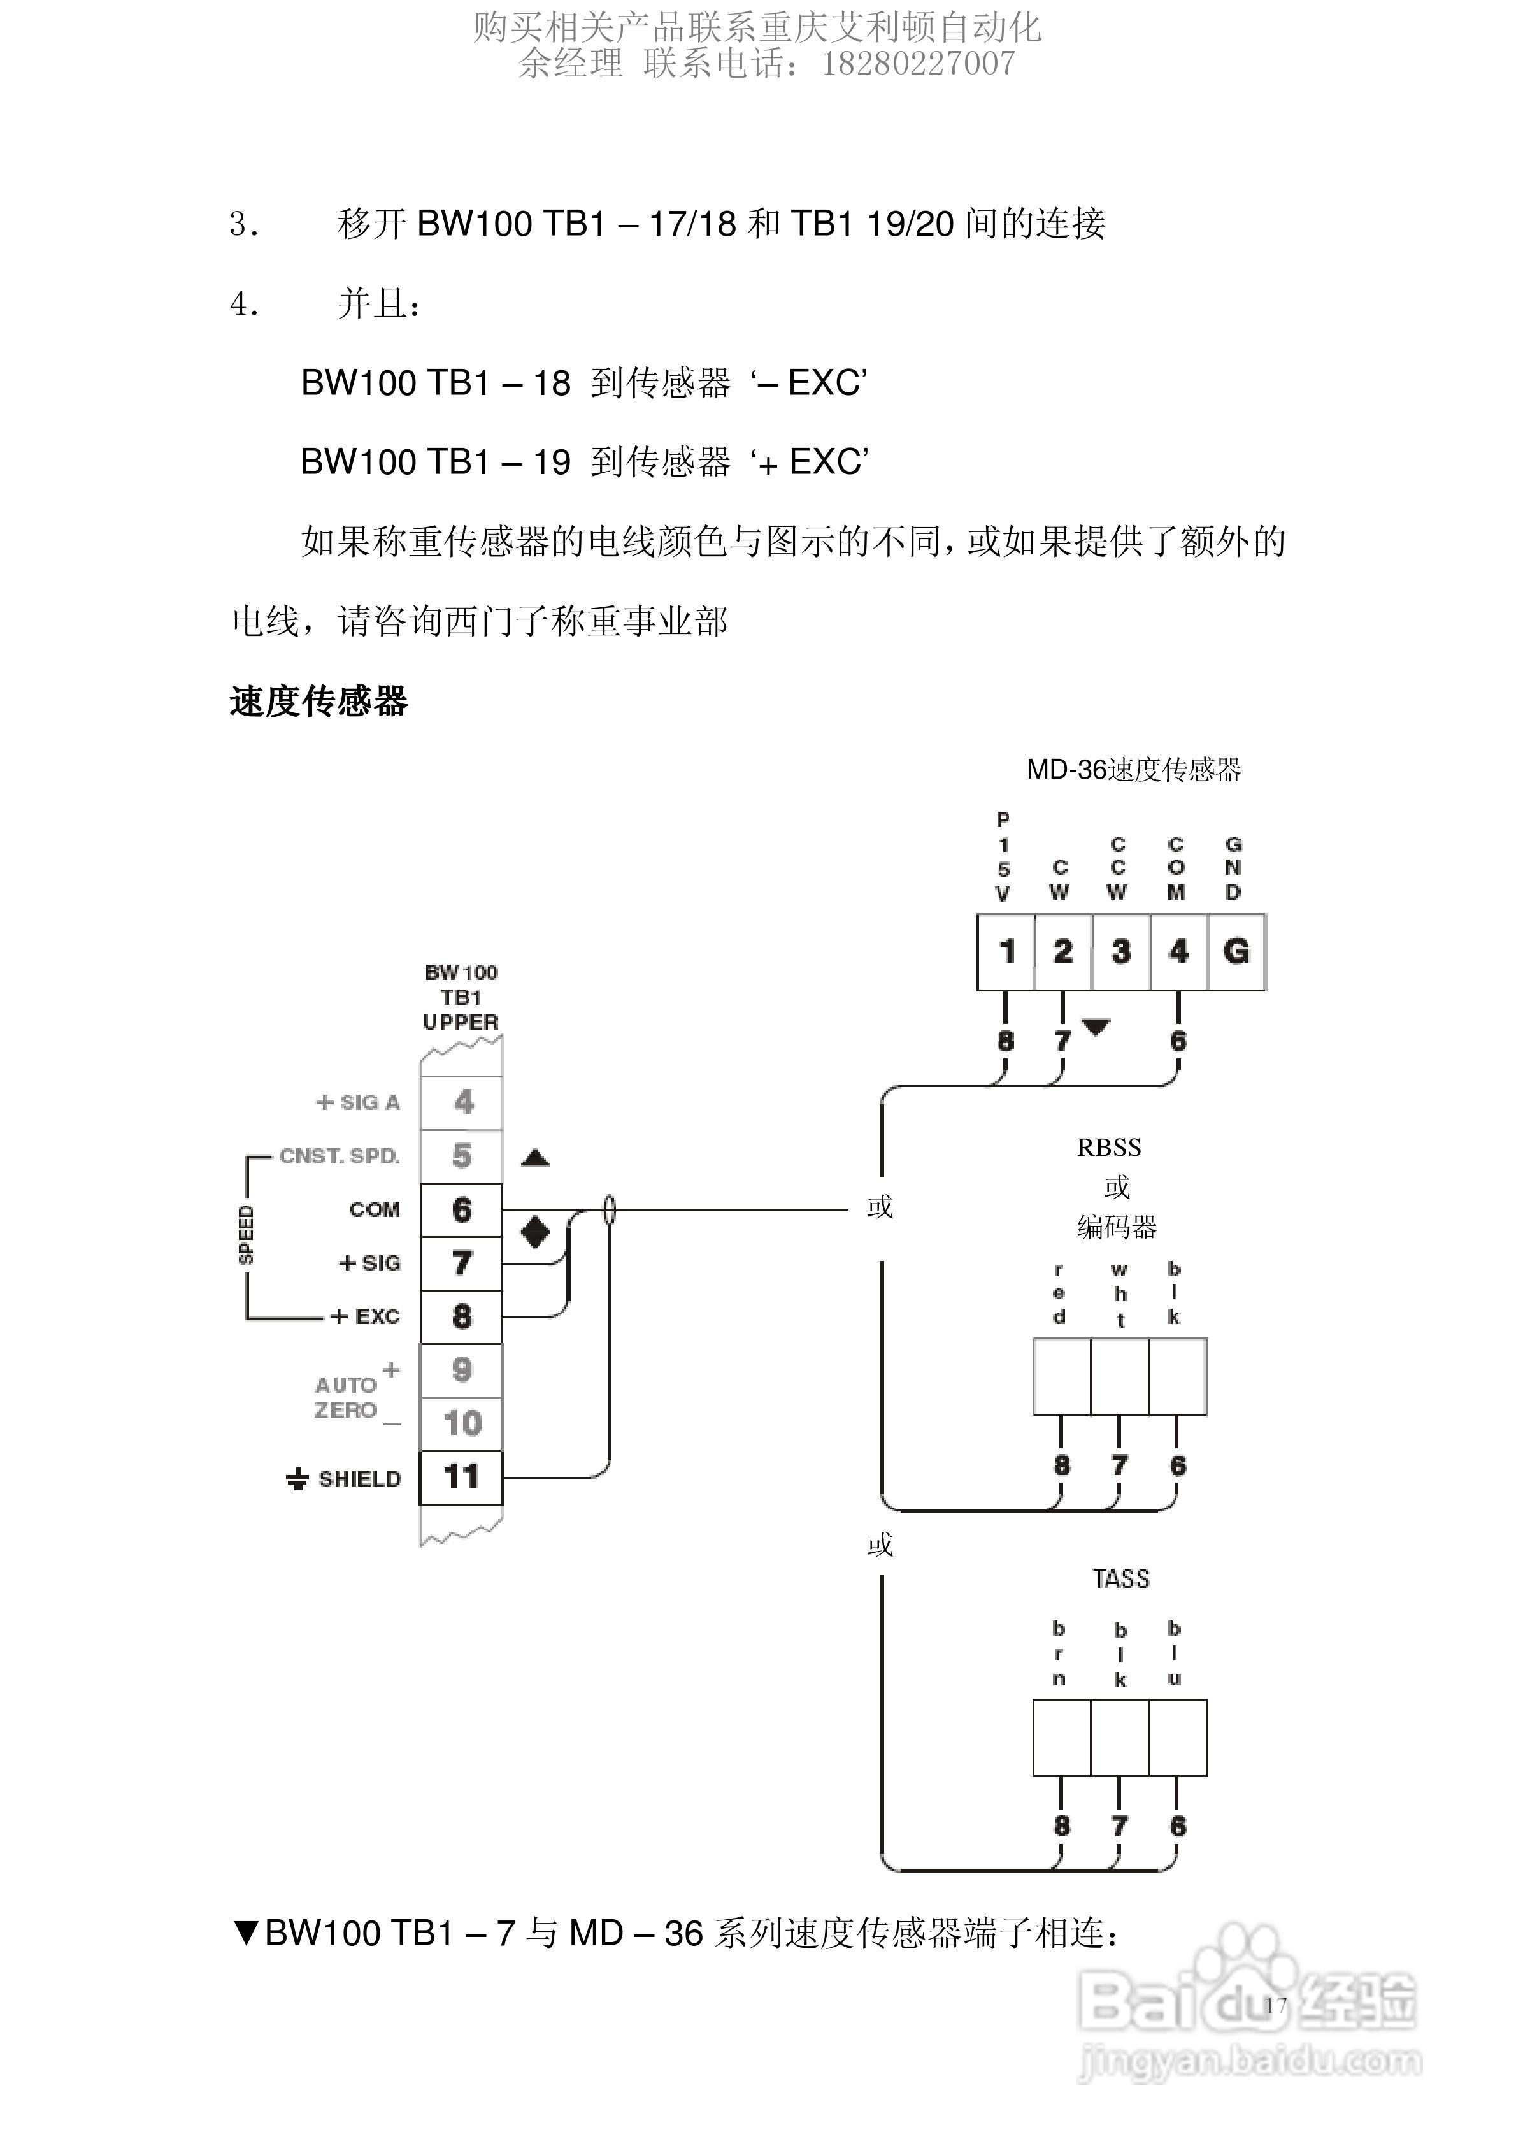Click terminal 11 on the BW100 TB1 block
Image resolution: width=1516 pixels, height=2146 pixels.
click(461, 1477)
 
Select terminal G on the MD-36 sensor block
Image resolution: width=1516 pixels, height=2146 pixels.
click(1236, 951)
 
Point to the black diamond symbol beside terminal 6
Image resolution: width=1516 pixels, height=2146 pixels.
click(534, 1231)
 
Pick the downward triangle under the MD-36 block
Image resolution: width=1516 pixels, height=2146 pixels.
click(1096, 1027)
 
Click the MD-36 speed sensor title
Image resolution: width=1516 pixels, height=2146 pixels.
click(1133, 770)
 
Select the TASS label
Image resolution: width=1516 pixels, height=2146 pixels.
click(1120, 1579)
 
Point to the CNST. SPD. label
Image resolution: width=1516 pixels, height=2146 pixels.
click(340, 1156)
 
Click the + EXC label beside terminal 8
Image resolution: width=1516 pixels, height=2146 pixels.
click(366, 1316)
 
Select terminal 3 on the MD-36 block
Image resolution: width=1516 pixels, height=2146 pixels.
click(1120, 951)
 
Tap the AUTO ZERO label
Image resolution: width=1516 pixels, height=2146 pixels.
click(347, 1397)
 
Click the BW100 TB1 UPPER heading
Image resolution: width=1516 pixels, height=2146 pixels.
click(461, 997)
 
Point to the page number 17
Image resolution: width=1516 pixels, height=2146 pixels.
click(1276, 2004)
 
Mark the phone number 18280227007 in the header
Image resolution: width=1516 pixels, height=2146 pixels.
click(918, 64)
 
